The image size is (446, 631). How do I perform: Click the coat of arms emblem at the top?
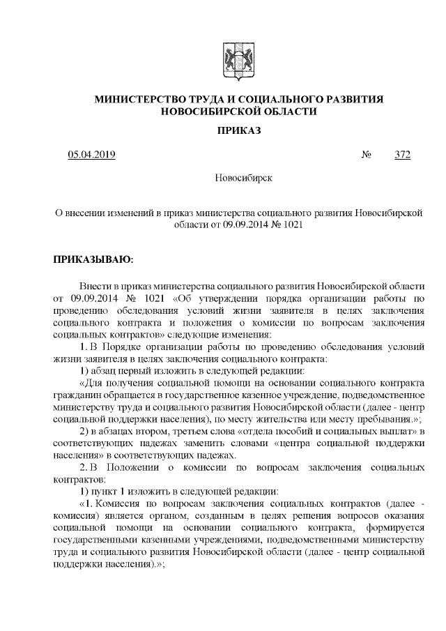pos(233,58)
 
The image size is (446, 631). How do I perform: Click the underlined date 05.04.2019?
pos(91,154)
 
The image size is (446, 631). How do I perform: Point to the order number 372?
pos(402,154)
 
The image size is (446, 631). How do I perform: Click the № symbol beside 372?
pos(367,154)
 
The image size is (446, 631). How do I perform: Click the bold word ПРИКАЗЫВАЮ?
pos(93,260)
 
